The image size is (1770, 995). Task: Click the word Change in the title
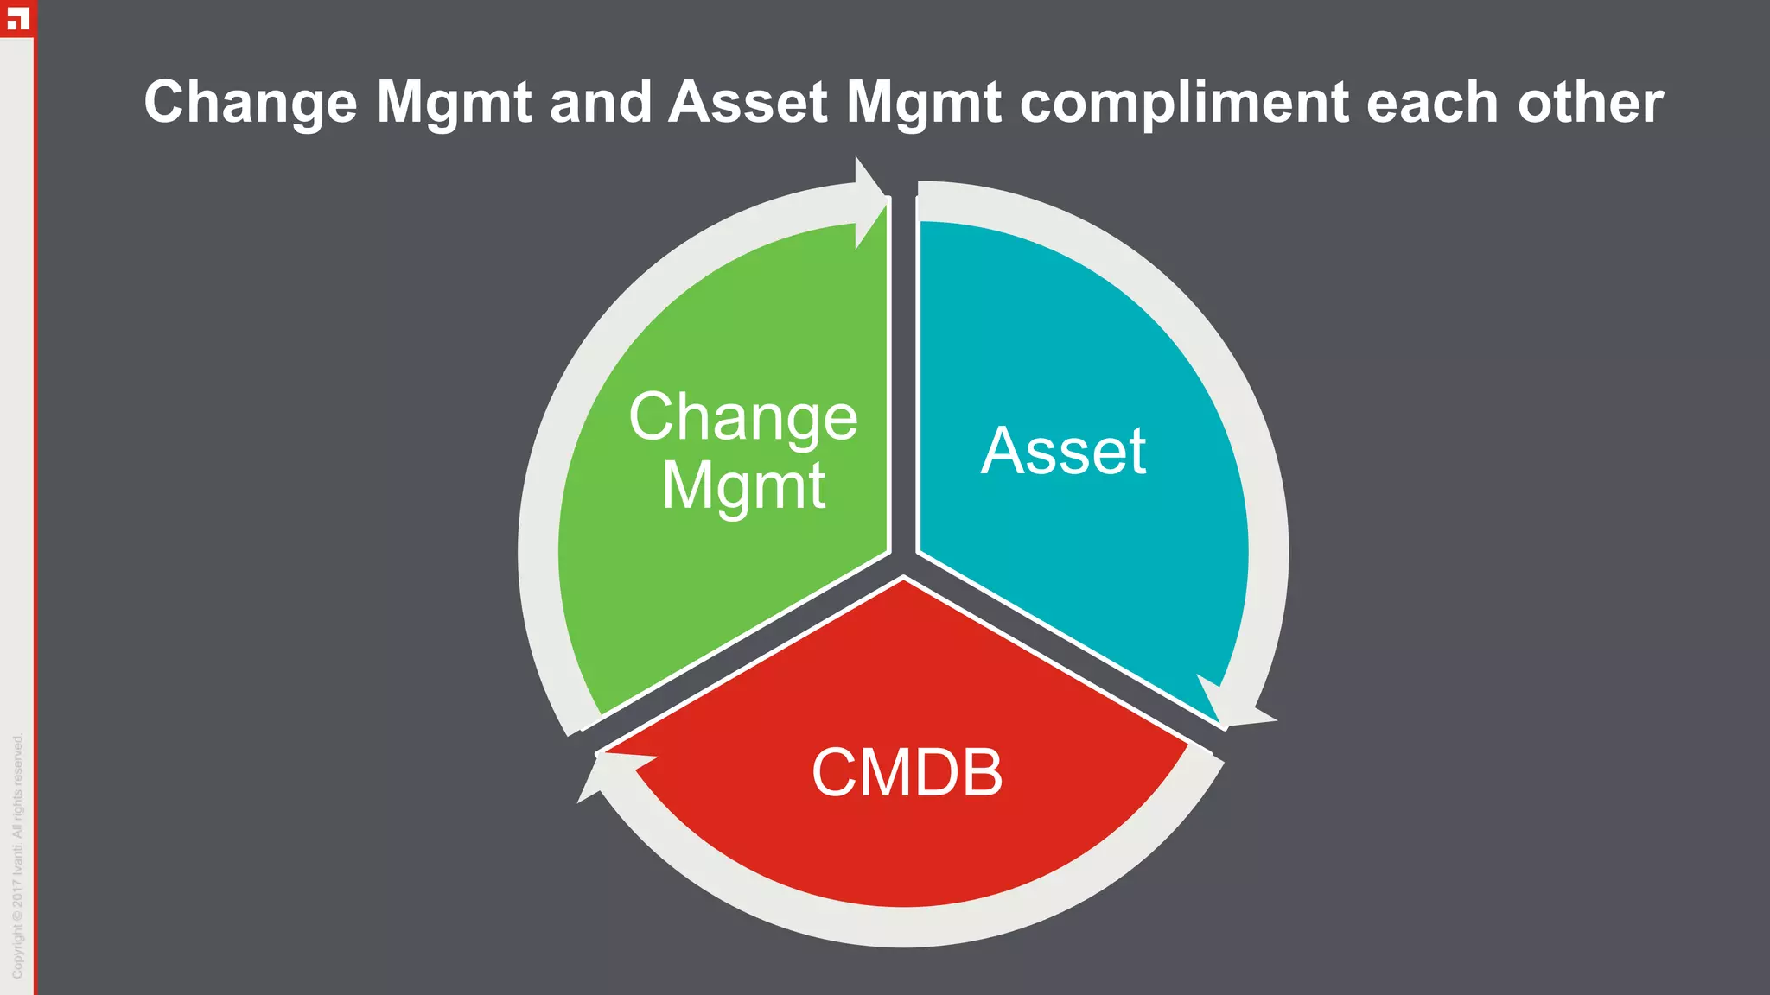click(250, 104)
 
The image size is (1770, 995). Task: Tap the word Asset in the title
click(748, 102)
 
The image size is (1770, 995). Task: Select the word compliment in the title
click(1184, 104)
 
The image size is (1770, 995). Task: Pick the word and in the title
click(600, 102)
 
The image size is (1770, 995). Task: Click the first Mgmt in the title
click(454, 104)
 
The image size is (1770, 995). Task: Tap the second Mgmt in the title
click(923, 104)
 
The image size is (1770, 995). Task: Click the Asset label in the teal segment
click(1063, 451)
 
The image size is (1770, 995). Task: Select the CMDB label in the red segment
click(907, 772)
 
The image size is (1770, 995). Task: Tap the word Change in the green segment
click(742, 418)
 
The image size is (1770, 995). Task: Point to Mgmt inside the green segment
click(742, 485)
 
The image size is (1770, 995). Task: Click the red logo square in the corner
click(16, 18)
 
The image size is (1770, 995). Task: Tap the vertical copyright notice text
click(17, 855)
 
